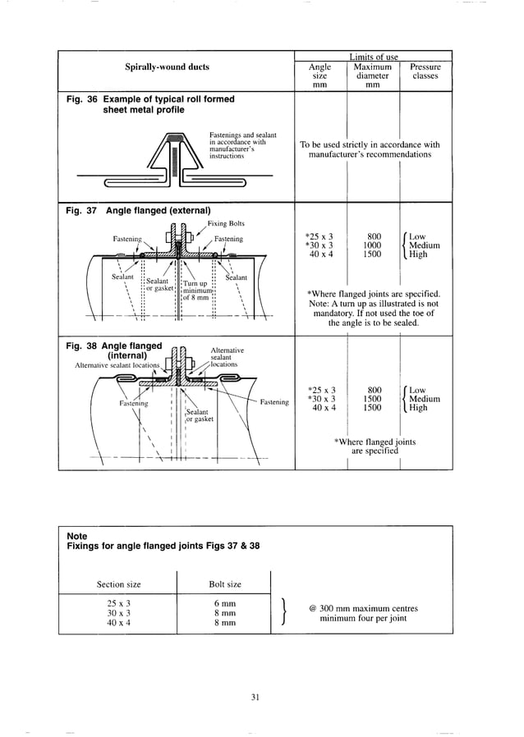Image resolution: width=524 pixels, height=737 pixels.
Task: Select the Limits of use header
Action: (x=373, y=57)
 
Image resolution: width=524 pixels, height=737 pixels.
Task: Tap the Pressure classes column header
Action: (x=425, y=71)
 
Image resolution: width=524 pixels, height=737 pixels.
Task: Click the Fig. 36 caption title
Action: (x=149, y=104)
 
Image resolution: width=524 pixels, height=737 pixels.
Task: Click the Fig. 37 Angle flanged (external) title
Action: (x=137, y=210)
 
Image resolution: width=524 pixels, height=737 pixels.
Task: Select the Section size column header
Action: (x=118, y=584)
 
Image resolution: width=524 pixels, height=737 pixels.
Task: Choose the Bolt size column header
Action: (x=224, y=584)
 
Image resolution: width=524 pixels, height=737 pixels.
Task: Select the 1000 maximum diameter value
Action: (x=374, y=245)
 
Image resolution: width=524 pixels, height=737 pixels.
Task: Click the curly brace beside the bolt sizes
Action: (x=283, y=612)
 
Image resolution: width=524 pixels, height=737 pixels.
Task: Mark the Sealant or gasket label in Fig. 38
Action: (x=199, y=415)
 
